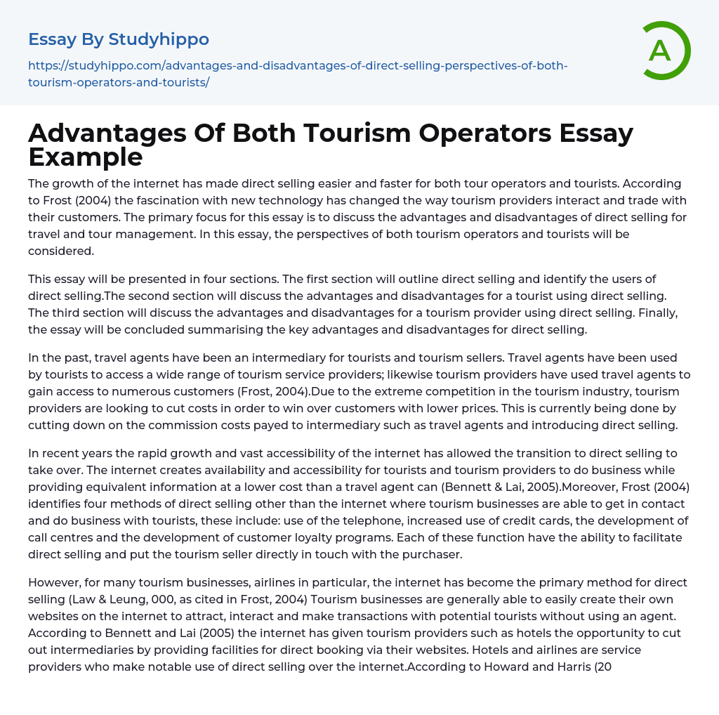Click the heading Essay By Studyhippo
pos(119,39)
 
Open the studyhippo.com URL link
pos(298,74)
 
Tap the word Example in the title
pos(86,157)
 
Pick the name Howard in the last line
pos(507,667)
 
